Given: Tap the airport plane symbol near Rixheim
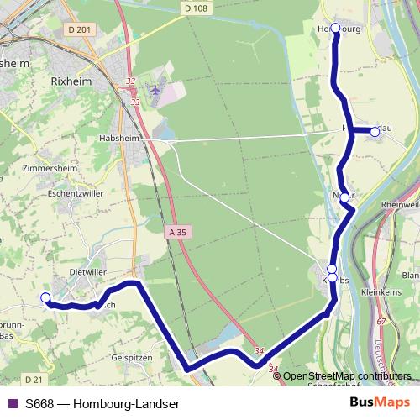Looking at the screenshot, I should tap(154, 88).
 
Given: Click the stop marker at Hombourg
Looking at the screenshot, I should tap(336, 29).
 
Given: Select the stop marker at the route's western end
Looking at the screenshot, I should tap(45, 297).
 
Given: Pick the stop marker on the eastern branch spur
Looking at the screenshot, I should tap(375, 131).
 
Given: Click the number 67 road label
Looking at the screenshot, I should tap(381, 322).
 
